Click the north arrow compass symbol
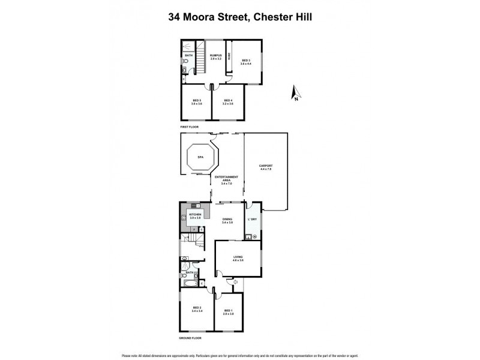[294, 93]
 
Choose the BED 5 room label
[196, 101]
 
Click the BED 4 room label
[228, 101]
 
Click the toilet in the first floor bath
[185, 69]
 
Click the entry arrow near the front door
[236, 281]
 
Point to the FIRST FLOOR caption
[190, 127]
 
